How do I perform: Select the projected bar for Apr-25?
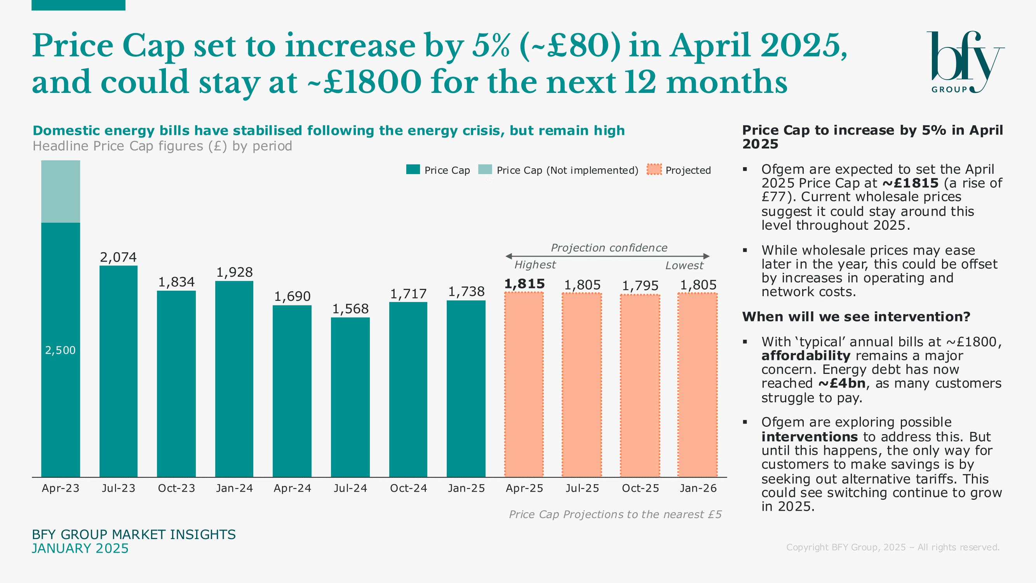tap(524, 384)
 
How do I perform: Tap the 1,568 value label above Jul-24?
tap(350, 309)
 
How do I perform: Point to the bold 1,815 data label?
tap(524, 284)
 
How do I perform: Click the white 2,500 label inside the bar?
tap(60, 350)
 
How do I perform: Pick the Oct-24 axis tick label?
tap(408, 488)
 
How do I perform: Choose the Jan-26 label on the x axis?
tap(698, 488)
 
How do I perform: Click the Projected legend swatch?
tap(654, 169)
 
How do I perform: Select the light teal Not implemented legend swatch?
tap(485, 169)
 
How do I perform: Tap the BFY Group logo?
tap(965, 62)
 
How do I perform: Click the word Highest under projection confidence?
tap(535, 265)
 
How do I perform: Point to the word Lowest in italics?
tap(684, 265)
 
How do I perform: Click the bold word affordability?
tap(806, 356)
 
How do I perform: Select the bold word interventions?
tap(809, 436)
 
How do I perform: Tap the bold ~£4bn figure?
tap(842, 383)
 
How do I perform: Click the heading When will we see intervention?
tap(856, 317)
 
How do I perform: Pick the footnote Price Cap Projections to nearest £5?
tap(615, 514)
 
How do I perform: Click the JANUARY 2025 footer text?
tap(80, 548)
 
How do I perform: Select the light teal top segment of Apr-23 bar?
tap(60, 191)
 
